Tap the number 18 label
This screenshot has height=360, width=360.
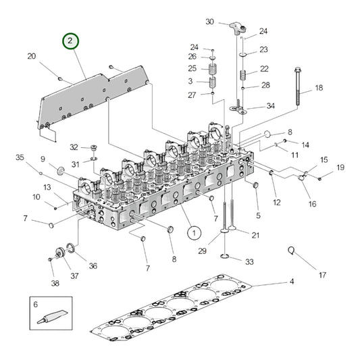click(319, 88)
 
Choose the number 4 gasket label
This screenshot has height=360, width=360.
click(292, 281)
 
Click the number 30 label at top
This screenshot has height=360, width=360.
click(210, 22)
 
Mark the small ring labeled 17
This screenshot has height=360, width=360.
click(292, 251)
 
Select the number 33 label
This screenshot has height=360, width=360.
click(249, 261)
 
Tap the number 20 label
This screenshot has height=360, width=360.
click(31, 57)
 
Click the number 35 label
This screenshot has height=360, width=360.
click(20, 157)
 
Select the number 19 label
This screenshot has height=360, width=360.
click(340, 167)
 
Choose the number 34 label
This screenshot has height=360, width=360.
click(270, 106)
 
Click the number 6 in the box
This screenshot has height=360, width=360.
click(36, 305)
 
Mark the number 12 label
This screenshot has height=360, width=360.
click(277, 203)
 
